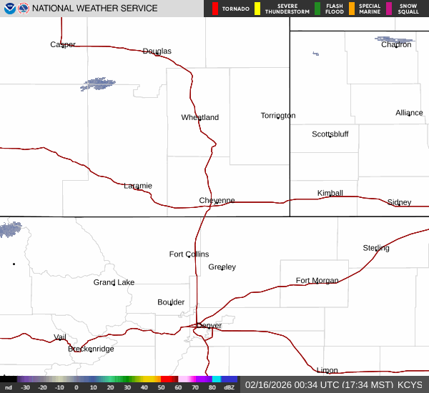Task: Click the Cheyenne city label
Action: click(x=217, y=201)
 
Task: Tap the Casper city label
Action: click(x=63, y=44)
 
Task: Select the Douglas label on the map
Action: click(x=157, y=51)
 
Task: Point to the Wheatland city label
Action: click(x=200, y=117)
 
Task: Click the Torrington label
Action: click(x=278, y=116)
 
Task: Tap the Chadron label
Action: click(x=396, y=44)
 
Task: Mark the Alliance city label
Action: click(x=410, y=113)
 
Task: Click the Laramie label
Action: click(x=138, y=186)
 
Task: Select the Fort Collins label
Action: click(x=189, y=254)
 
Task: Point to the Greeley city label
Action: click(x=222, y=267)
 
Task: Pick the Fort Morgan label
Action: click(x=317, y=281)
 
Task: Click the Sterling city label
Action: click(x=376, y=248)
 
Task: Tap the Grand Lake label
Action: click(x=114, y=282)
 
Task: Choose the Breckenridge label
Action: click(x=91, y=349)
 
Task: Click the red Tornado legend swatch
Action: click(x=215, y=9)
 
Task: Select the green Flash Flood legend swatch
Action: click(x=317, y=9)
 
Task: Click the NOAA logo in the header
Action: click(x=10, y=9)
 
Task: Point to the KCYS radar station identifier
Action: click(x=410, y=384)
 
